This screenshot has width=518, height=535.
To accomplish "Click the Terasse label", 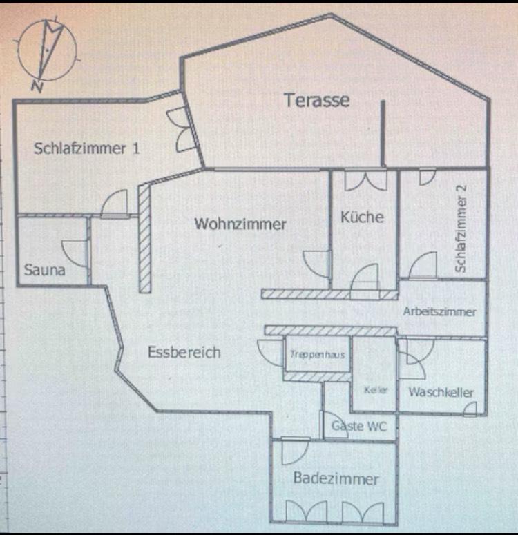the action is click(x=317, y=100).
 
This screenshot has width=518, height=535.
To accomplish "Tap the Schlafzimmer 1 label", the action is click(x=86, y=148).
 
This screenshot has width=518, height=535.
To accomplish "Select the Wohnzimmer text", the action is click(x=240, y=224).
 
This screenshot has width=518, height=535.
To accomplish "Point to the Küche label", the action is click(x=362, y=217).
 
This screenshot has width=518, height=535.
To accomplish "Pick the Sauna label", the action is click(x=44, y=270).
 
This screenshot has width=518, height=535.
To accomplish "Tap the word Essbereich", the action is click(x=184, y=352).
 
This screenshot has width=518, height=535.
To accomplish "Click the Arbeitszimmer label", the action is click(x=440, y=311).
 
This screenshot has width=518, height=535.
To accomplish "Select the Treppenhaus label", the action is click(x=318, y=355).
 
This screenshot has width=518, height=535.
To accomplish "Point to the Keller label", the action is click(x=376, y=389).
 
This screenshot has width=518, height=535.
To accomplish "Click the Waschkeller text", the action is click(x=441, y=392).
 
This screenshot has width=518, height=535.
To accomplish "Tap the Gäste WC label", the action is click(x=358, y=426).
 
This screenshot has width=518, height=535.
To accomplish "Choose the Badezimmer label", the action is click(x=336, y=478).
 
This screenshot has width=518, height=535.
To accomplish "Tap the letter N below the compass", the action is click(x=37, y=86).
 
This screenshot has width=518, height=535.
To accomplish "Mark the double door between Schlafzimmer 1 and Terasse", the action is click(x=181, y=129).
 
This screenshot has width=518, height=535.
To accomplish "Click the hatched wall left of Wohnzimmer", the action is click(x=144, y=237).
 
